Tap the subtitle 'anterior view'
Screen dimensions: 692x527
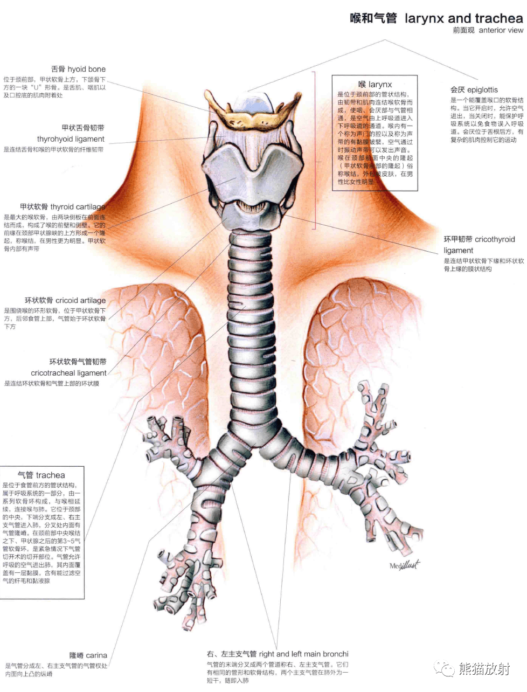501,30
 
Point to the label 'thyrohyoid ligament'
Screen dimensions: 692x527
71,139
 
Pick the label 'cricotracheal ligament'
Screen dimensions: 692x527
68,373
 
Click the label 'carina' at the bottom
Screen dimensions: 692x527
96,655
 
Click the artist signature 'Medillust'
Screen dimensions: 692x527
404,565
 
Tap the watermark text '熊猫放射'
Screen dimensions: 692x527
484,669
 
